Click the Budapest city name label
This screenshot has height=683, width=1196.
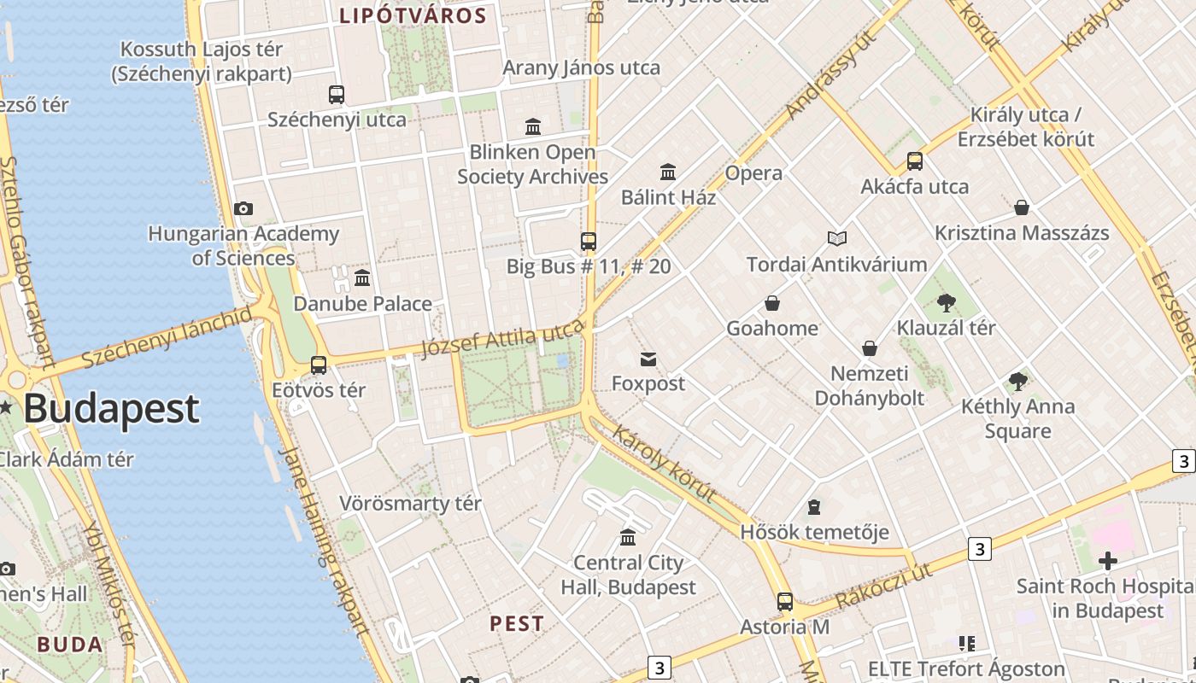click(111, 409)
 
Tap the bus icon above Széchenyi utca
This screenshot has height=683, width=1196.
click(337, 95)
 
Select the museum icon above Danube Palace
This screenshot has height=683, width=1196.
click(362, 277)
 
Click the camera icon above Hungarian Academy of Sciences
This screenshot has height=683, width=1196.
click(243, 208)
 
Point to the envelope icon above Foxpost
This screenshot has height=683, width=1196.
click(648, 359)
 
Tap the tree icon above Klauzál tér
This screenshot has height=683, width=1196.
click(946, 302)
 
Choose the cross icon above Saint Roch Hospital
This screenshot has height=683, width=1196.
click(1108, 561)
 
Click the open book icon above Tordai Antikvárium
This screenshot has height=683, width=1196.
click(837, 239)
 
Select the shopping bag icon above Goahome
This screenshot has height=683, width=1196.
click(772, 303)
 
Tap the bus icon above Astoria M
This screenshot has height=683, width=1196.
click(785, 602)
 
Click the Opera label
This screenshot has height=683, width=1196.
click(753, 173)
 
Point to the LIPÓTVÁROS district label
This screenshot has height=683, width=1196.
click(413, 15)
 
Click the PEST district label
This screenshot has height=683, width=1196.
click(517, 623)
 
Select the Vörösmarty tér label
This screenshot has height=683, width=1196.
click(410, 503)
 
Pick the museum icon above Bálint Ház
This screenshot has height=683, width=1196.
click(668, 172)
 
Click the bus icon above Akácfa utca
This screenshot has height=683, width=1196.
click(915, 161)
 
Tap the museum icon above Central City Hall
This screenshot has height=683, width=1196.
click(628, 537)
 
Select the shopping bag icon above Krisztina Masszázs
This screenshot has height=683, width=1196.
click(1021, 207)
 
